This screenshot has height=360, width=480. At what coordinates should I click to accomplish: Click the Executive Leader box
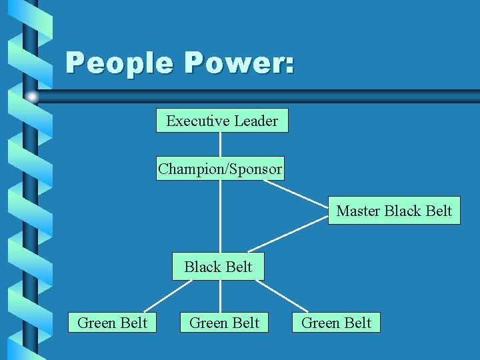pyautogui.click(x=222, y=121)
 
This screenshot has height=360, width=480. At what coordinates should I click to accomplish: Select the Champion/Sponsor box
pyautogui.click(x=220, y=169)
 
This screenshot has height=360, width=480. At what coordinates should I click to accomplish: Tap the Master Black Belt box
pyautogui.click(x=394, y=211)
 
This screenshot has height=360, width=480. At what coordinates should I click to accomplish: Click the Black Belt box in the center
pyautogui.click(x=218, y=267)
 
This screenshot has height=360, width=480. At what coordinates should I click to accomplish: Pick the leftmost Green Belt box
pyautogui.click(x=112, y=323)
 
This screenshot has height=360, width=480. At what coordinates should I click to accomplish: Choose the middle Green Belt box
pyautogui.click(x=224, y=323)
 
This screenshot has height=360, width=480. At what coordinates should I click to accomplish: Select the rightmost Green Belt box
pyautogui.click(x=336, y=323)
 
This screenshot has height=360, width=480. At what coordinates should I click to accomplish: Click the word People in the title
pyautogui.click(x=119, y=64)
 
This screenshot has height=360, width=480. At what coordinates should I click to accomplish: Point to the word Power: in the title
pyautogui.click(x=239, y=64)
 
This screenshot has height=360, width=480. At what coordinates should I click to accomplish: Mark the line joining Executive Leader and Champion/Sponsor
pyautogui.click(x=220, y=145)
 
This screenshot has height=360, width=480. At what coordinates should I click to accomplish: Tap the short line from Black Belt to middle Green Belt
pyautogui.click(x=220, y=297)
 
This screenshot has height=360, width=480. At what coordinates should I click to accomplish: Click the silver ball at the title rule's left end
pyautogui.click(x=32, y=97)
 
